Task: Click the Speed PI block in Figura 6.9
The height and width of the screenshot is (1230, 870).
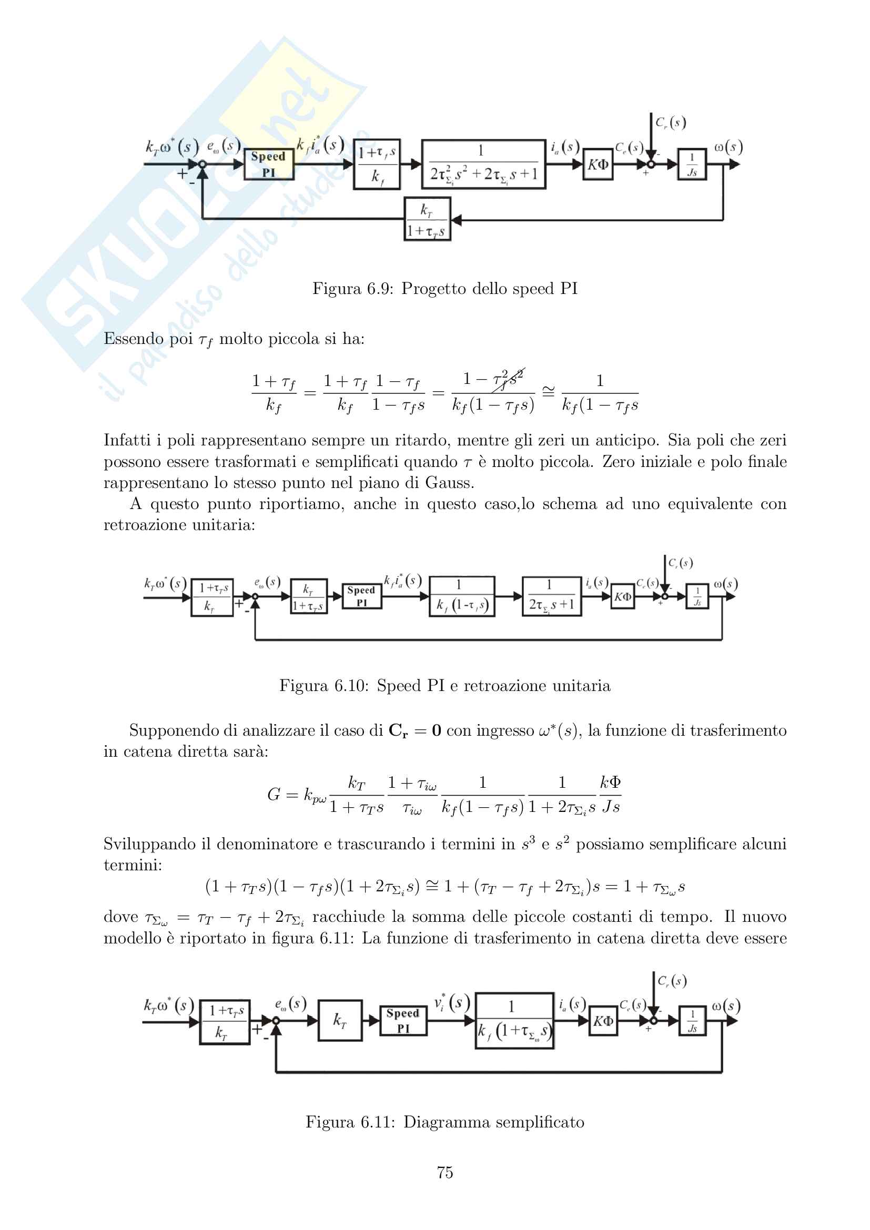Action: click(x=268, y=164)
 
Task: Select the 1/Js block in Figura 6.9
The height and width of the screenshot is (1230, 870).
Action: click(x=692, y=164)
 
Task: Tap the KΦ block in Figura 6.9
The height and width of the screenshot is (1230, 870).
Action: click(x=598, y=164)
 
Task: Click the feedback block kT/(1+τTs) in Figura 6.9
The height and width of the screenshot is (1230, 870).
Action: click(x=427, y=219)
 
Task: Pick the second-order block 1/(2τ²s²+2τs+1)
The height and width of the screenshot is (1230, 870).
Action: click(x=483, y=164)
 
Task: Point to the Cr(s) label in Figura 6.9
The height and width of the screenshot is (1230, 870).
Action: click(x=671, y=123)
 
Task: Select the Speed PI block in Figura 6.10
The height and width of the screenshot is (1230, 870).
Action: click(x=361, y=596)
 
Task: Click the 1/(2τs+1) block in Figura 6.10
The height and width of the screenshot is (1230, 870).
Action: click(x=551, y=596)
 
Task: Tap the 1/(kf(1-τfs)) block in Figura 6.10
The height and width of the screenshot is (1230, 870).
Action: click(x=461, y=596)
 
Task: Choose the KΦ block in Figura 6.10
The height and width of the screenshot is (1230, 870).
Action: click(x=622, y=596)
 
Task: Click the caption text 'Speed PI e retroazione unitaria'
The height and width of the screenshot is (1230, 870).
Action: click(x=493, y=686)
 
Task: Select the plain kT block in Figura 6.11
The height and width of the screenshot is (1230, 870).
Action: click(x=340, y=1020)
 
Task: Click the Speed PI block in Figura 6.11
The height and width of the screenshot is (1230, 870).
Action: click(x=403, y=1020)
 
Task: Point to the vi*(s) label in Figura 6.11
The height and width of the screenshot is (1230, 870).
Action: click(x=451, y=1002)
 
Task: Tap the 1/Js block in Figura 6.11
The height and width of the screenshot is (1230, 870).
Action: click(x=692, y=1021)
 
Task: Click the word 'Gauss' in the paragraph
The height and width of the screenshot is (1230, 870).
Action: click(x=449, y=483)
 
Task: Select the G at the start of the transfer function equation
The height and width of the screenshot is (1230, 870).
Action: click(x=274, y=795)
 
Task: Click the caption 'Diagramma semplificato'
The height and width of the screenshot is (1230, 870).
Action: click(x=493, y=1122)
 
